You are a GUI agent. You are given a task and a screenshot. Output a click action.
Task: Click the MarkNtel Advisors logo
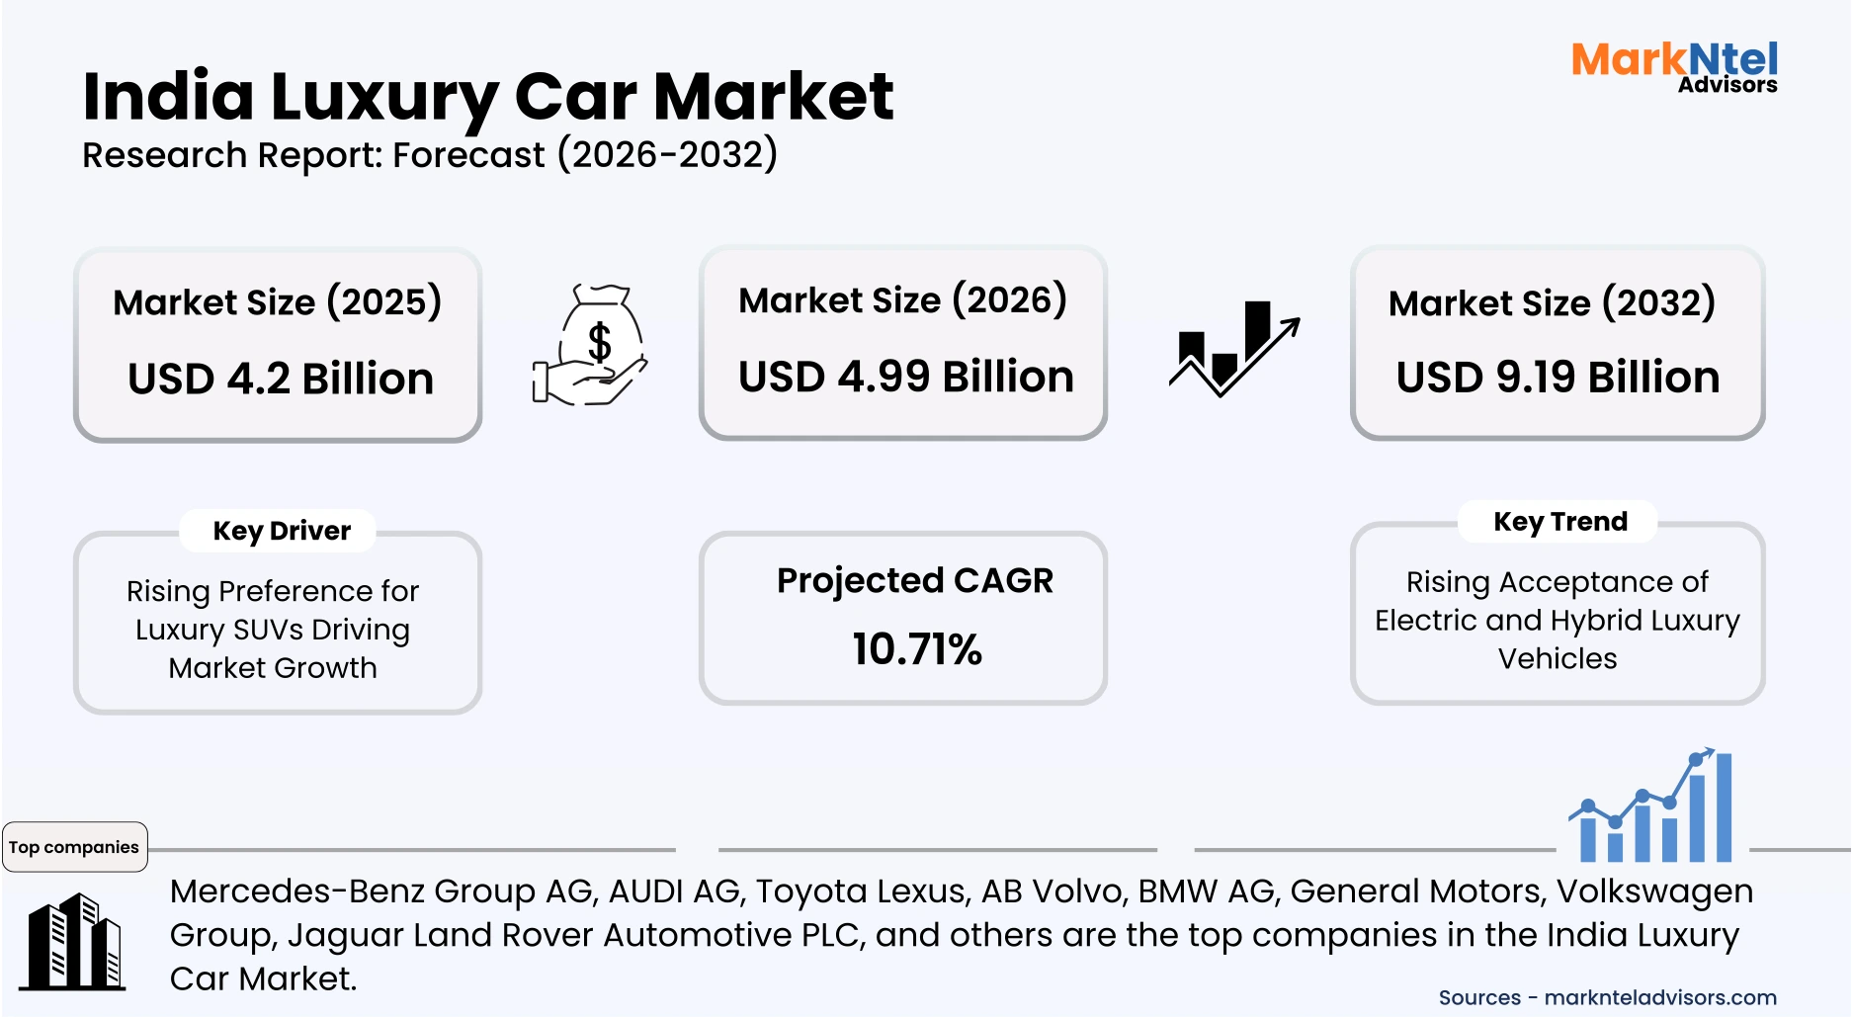[x=1674, y=67]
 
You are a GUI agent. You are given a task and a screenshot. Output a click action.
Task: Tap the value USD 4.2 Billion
[x=281, y=379]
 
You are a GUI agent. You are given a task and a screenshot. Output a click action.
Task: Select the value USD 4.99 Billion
[x=905, y=377]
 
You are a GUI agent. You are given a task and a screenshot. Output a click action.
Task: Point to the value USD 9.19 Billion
[x=1558, y=378]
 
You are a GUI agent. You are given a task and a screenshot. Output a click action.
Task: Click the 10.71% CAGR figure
[x=917, y=649]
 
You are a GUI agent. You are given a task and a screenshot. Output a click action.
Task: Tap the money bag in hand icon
[x=591, y=345]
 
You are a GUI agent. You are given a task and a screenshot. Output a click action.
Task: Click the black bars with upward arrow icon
[x=1233, y=349]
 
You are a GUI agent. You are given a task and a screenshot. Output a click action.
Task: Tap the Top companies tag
[x=74, y=847]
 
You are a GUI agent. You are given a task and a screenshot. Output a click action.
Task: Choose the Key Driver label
[x=282, y=531]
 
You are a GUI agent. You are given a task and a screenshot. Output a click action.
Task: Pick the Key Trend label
[x=1559, y=521]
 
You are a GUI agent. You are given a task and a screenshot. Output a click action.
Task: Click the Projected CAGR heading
[x=915, y=580]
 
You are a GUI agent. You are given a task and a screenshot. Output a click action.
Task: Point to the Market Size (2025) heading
[x=277, y=301]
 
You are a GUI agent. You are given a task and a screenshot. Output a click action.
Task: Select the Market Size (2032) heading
[x=1552, y=302]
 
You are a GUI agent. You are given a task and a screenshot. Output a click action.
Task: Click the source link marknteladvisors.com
[x=1660, y=997]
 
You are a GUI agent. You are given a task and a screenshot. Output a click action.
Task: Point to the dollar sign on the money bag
[x=599, y=342]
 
